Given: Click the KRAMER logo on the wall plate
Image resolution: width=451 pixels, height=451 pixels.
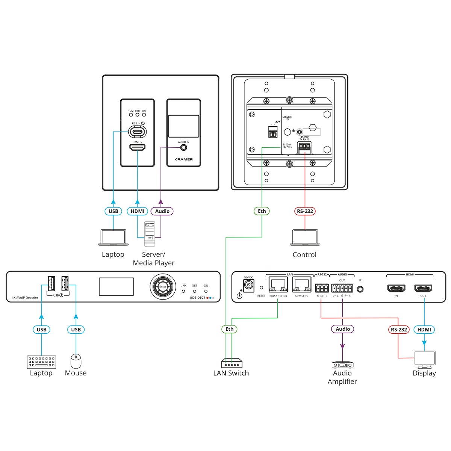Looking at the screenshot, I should coord(184,159).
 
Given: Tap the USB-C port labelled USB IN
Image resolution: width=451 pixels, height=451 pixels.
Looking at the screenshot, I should coord(137,132).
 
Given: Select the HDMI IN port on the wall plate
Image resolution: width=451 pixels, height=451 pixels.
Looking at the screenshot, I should coord(137,148).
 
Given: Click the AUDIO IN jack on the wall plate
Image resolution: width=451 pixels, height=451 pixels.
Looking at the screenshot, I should coord(183,147).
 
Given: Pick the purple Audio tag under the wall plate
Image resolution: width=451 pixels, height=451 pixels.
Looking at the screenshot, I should coord(162,211).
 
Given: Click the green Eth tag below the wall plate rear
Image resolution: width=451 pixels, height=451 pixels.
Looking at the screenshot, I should coord(262,211).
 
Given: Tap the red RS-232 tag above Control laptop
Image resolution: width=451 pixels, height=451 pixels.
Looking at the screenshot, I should coord(305,211).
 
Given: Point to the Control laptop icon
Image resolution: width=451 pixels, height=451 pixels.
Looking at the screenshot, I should coord(305,238).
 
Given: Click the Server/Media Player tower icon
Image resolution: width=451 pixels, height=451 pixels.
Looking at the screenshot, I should coord(150,233).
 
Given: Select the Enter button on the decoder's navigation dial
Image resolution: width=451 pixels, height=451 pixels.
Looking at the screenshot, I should coord(163,287).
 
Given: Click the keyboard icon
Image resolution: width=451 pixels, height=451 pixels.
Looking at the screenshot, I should coord(41,362).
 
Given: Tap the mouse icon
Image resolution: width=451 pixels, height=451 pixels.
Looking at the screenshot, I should coord(76,362).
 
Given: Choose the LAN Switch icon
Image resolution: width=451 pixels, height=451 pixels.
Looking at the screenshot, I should coord(232,363).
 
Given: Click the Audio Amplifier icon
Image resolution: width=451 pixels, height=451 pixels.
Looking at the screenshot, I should coord(342,365).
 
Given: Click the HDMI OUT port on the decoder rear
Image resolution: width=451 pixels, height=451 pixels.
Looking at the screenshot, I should coord(424,289).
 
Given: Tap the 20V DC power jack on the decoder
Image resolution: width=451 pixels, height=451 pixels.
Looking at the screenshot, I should coord(248,286).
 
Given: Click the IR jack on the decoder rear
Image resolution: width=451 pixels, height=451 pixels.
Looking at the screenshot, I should coord(360,289).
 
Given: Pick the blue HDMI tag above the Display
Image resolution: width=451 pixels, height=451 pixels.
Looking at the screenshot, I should coord(424,330).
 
